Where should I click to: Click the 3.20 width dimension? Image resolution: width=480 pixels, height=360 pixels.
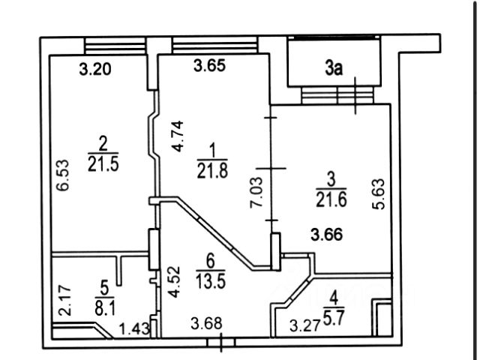click(95, 69)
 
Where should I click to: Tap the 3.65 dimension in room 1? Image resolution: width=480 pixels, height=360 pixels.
click(210, 65)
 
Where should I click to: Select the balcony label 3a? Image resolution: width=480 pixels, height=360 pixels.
click(334, 68)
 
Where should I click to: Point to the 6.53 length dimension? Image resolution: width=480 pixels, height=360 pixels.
click(63, 175)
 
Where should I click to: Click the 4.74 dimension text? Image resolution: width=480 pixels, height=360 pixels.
click(177, 136)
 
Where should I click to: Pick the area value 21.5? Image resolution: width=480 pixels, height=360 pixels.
click(103, 164)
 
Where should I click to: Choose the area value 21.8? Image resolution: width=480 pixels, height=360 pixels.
click(212, 171)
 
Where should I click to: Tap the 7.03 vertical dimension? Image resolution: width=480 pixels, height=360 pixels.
click(256, 193)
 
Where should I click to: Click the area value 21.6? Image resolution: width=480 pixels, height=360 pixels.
click(331, 199)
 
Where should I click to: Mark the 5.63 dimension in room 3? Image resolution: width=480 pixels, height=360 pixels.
click(378, 194)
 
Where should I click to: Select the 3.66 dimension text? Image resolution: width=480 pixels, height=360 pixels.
click(327, 235)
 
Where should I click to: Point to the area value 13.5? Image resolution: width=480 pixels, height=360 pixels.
click(211, 281)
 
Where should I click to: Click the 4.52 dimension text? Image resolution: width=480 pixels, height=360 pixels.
click(174, 282)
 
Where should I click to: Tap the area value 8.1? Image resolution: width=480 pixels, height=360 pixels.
click(105, 309)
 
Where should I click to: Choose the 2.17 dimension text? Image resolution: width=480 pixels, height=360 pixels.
click(64, 301)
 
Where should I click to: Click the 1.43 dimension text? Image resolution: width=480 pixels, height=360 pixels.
click(134, 329)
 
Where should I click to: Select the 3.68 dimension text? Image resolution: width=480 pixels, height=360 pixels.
click(206, 323)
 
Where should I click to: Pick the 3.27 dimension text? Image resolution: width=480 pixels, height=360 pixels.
click(305, 325)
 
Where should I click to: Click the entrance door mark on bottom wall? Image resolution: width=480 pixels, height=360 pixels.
click(221, 342)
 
